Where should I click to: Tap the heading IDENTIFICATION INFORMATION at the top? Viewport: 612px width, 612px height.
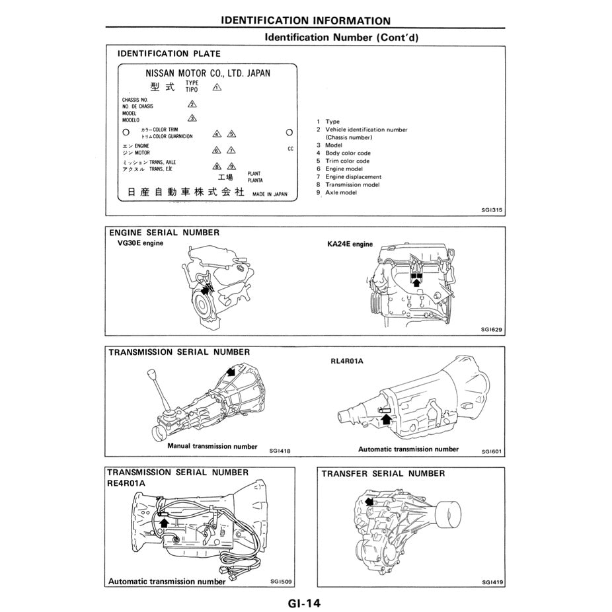pos(305,21)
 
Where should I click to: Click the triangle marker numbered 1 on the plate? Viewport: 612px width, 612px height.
pos(217,87)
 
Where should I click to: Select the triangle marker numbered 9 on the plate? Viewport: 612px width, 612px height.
pos(231,167)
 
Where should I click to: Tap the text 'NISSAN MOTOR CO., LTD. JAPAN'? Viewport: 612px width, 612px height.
pos(208,73)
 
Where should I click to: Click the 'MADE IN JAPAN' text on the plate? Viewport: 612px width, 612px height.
pos(270,194)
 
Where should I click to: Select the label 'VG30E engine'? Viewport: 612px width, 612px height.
pos(140,243)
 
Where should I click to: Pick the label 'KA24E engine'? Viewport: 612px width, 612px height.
pos(350,244)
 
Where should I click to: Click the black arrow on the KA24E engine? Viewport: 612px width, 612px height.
pos(416,281)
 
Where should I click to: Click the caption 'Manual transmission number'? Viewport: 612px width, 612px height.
pos(212,446)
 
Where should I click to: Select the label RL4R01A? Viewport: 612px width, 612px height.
pos(348,362)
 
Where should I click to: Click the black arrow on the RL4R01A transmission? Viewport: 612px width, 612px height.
pos(387,417)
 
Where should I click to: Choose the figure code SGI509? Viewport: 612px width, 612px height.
pos(281,582)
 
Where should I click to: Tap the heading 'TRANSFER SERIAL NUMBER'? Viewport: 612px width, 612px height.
pos(383,473)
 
